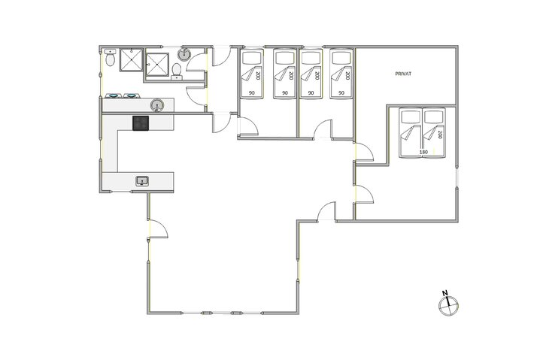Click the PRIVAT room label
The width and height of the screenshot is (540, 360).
coord(406,74)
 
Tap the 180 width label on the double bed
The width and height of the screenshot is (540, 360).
coord(423,153)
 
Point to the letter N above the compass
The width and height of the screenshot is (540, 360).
coord(445,292)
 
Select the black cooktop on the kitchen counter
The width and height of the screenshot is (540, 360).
coord(141,123)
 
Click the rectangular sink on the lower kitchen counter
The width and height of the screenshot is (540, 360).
coord(142,180)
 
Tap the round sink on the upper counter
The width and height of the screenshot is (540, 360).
coord(157,105)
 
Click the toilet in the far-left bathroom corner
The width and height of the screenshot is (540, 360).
coord(110,58)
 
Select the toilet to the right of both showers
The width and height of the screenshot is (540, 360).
coord(177,70)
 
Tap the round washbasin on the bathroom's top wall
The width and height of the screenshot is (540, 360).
coord(185,53)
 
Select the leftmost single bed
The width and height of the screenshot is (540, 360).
coord(252,73)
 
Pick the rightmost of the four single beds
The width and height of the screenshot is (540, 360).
coord(342,73)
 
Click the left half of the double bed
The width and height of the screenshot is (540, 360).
coord(411,132)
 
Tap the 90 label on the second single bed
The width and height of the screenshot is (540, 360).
coord(285,93)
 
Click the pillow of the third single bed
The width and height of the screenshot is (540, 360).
coord(311,58)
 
